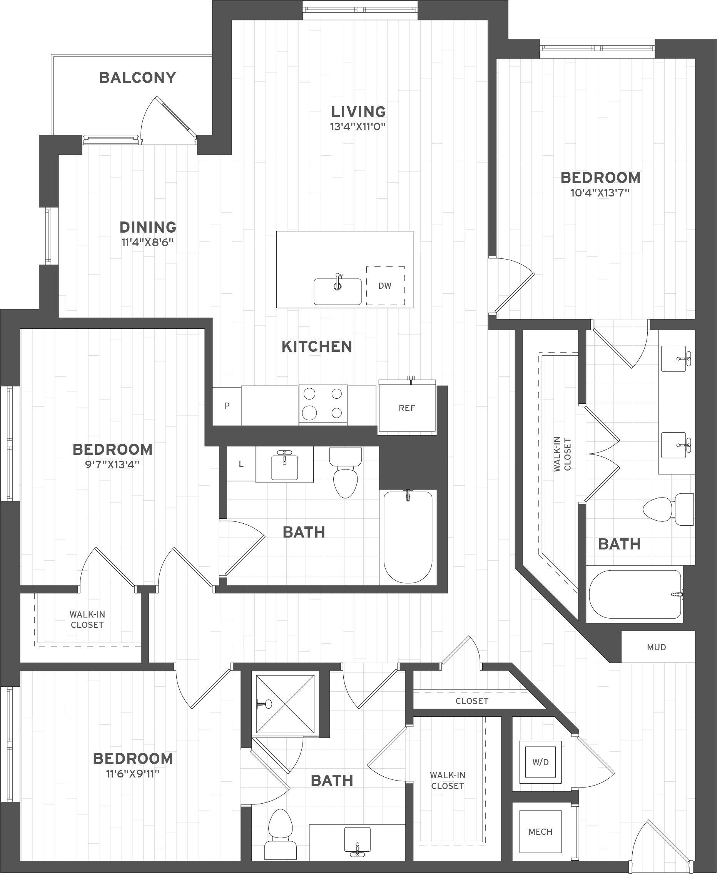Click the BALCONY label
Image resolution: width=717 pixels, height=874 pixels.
click(137, 78)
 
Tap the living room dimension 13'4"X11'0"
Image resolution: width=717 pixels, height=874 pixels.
click(358, 126)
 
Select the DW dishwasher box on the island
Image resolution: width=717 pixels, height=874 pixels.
click(385, 286)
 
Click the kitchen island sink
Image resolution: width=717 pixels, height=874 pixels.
click(338, 291)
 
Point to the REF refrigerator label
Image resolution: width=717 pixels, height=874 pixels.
click(406, 408)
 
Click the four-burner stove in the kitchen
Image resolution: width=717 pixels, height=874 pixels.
click(323, 404)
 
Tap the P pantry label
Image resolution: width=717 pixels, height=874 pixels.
click(227, 406)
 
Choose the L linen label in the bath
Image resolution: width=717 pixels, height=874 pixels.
click(241, 464)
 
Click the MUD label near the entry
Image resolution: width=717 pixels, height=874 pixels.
click(656, 647)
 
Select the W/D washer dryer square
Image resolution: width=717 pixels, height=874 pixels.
click(540, 762)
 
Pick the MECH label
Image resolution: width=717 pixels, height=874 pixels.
click(540, 832)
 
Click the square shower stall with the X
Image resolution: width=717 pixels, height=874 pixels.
click(285, 704)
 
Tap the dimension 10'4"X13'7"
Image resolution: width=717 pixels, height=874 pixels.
click(600, 193)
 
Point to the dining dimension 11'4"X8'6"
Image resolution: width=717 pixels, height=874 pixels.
click(147, 242)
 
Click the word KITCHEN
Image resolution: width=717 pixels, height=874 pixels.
click(317, 346)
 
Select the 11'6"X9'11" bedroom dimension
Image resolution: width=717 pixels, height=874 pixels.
click(132, 774)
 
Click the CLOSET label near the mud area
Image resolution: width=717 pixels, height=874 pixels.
click(472, 701)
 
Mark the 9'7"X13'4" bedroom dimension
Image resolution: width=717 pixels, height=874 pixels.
click(112, 464)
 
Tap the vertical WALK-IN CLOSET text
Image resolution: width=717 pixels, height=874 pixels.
click(562, 454)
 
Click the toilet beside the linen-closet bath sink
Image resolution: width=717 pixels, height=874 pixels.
click(345, 474)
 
